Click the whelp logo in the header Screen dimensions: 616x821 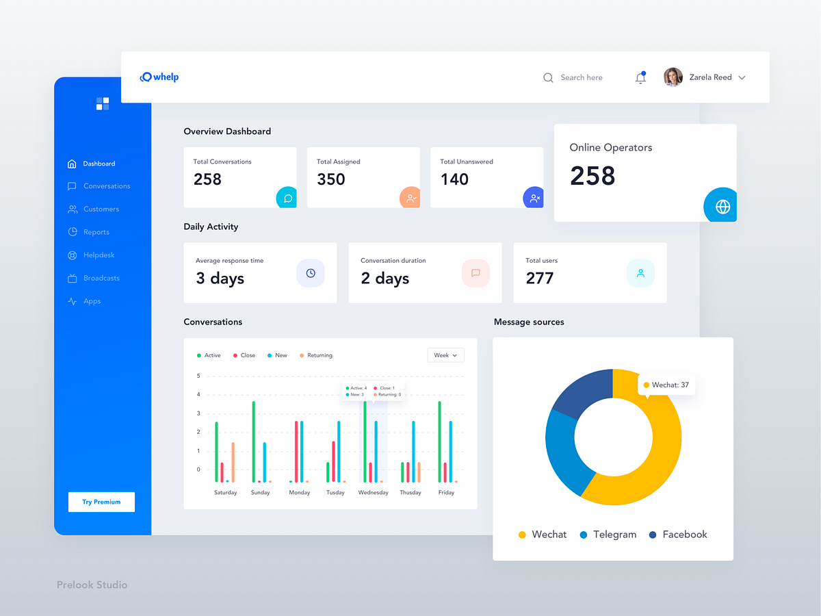coord(159,77)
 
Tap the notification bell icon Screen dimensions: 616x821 coord(640,78)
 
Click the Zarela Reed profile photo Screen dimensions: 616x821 coord(673,77)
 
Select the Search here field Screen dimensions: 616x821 coord(581,78)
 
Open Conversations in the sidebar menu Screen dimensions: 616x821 coord(106,186)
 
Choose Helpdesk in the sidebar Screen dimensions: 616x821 coord(99,255)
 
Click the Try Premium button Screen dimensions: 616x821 coord(101,502)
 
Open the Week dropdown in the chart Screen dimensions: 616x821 coord(445,355)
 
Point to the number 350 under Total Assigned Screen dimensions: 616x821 coord(331,179)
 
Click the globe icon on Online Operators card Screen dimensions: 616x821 coord(722,206)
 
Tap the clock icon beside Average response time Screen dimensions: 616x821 coord(311,273)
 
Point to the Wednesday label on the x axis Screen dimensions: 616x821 coord(373,493)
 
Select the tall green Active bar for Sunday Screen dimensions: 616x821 coord(254,441)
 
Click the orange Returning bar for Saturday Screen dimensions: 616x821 coord(233,462)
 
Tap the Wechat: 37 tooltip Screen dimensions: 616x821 coord(666,385)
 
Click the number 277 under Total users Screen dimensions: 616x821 coord(540,279)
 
